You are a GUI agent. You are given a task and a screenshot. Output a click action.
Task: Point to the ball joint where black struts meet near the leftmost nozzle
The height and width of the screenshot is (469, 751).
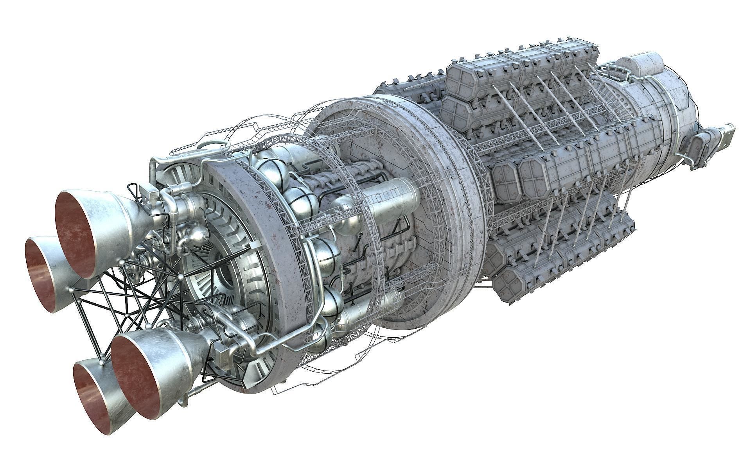[70, 289]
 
